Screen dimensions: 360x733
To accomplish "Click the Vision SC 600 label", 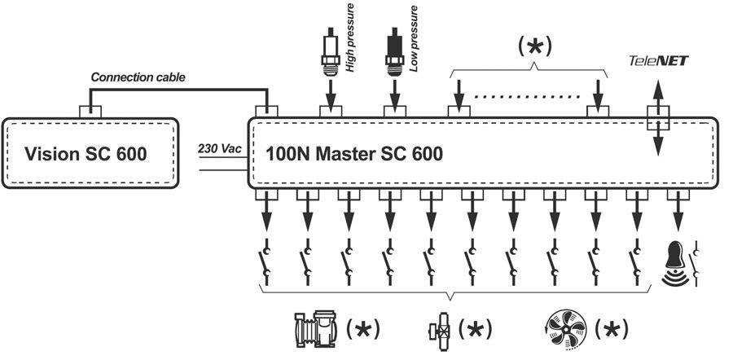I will pos(86,154).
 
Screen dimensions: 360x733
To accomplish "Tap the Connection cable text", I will pos(138,77).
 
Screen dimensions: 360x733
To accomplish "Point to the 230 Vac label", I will pos(217,149).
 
